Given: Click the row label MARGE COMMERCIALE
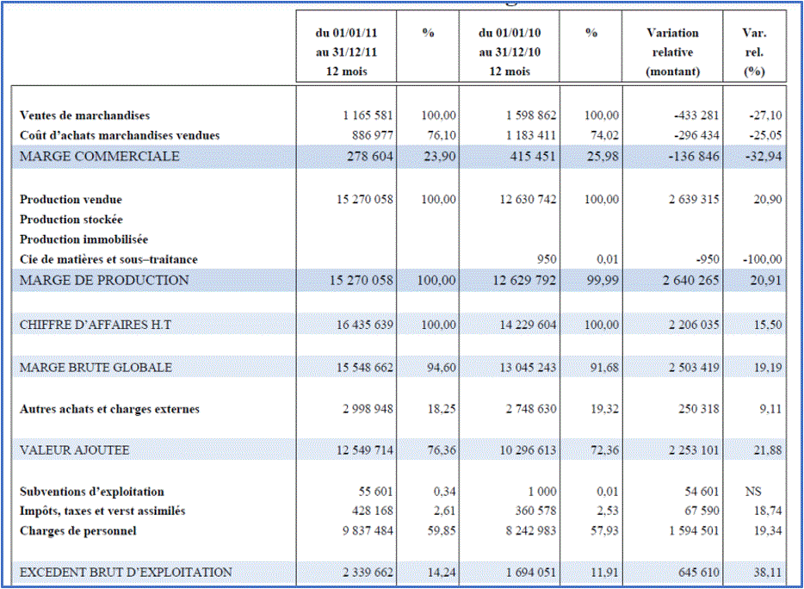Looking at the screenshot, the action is pos(100,157).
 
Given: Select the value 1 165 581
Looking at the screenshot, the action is pos(368,115).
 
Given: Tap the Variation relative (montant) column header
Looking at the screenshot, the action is pos(672,53).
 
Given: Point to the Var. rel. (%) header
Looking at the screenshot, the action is pos(754,53).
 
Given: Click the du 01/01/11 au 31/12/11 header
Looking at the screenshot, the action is pos(347,53).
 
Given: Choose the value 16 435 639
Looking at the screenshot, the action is pos(365,325).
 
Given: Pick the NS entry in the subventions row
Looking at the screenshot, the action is pos(753,492).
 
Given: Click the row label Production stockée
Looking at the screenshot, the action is pos(71,220).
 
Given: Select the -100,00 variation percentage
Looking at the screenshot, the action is pos(762,259).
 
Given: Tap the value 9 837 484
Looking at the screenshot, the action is pos(368,531).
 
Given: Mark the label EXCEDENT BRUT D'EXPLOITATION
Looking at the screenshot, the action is pos(126,573).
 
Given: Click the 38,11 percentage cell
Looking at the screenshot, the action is pos(768,573).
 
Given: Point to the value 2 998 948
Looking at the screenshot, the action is pos(368,409).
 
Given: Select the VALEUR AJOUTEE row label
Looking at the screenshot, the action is pos(74,450).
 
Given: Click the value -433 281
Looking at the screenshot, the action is pos(693,115).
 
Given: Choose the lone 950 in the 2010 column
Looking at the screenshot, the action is pos(547,259).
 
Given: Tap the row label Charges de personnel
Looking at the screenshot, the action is pos(78,531).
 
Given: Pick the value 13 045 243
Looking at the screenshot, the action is pos(528,368).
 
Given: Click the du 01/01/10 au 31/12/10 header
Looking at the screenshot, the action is pos(510,53).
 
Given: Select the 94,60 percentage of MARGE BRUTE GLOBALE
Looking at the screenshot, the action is pos(442,368).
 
